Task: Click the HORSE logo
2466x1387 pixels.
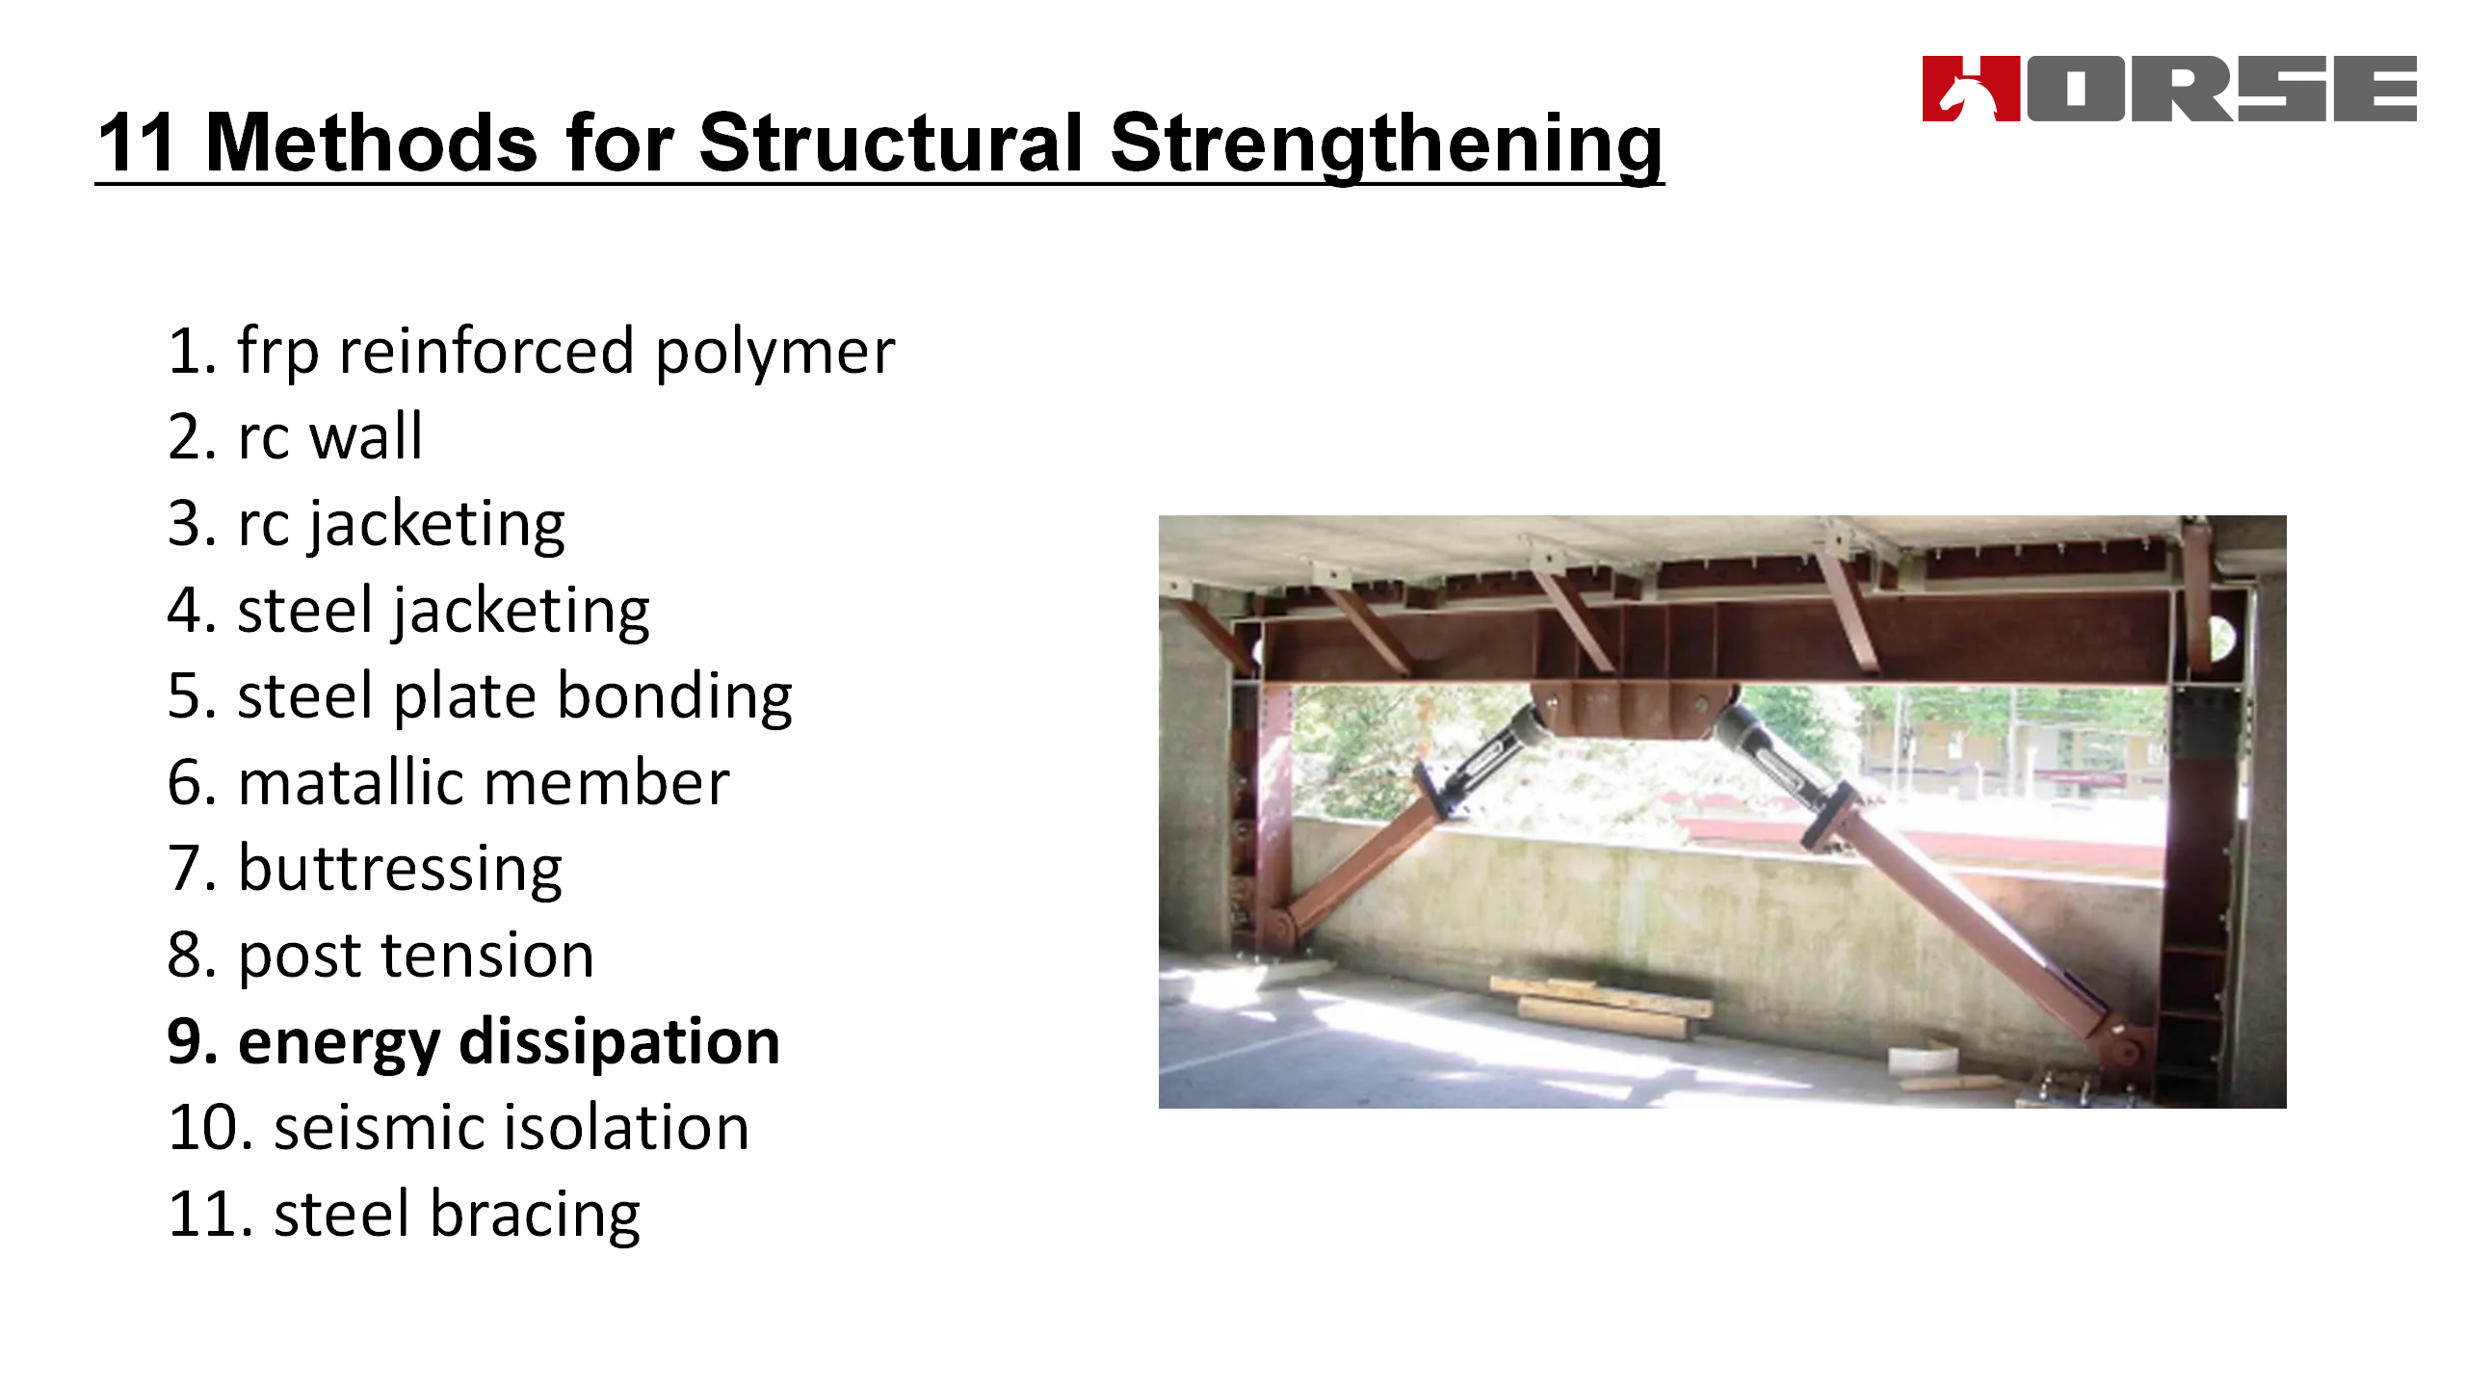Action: (2169, 89)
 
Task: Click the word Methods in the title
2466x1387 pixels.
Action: (371, 143)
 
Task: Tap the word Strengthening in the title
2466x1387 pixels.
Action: (1386, 144)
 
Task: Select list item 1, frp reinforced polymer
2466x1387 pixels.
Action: (531, 352)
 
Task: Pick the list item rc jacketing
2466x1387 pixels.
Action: (366, 525)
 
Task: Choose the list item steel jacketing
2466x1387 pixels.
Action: (408, 612)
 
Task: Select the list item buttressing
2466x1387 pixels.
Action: (364, 870)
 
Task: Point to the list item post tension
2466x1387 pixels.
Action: (380, 956)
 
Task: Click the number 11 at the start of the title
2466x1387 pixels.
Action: (135, 143)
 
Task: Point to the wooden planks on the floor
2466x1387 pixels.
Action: (1601, 1004)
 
